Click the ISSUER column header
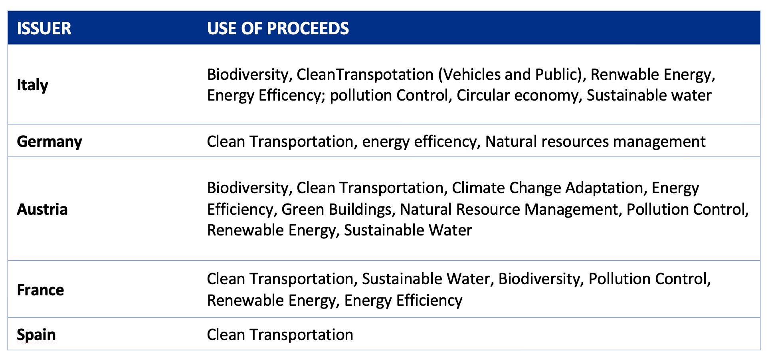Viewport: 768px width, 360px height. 44,28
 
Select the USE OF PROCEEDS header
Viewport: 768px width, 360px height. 278,28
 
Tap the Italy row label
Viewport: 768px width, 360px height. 32,85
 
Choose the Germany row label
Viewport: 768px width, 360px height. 49,142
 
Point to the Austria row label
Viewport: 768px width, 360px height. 42,210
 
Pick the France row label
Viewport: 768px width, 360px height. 40,290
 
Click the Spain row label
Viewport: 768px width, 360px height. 36,335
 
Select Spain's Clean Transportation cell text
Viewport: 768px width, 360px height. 280,335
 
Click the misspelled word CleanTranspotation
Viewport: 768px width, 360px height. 365,75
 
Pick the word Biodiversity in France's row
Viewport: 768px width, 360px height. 541,279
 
